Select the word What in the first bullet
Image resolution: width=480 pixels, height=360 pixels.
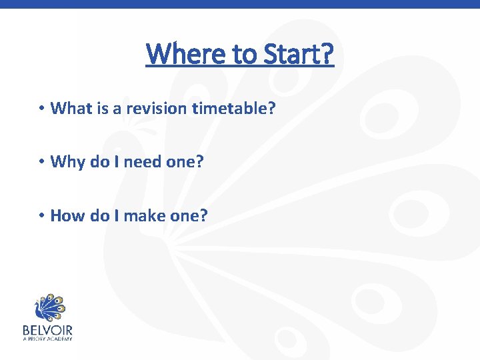pos(69,107)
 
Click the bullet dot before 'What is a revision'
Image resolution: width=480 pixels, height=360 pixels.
pos(41,108)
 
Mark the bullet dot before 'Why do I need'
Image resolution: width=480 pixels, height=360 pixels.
pos(41,162)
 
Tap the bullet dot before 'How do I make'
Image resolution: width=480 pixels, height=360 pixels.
pos(41,216)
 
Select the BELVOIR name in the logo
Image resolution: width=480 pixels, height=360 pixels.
pos(47,330)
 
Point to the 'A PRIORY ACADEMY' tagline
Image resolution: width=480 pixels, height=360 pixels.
pos(47,339)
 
